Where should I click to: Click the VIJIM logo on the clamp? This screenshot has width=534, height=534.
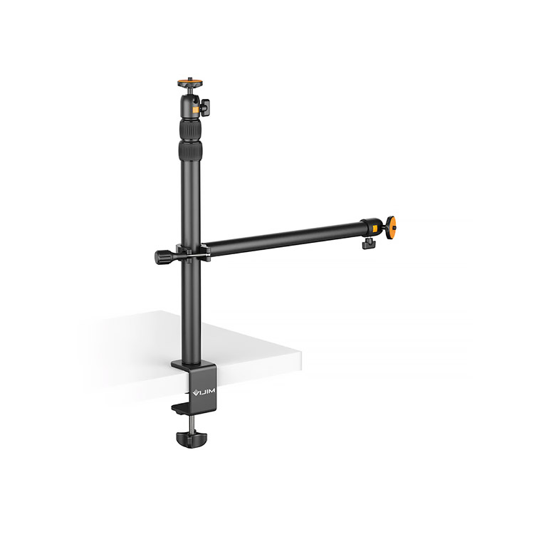(204, 394)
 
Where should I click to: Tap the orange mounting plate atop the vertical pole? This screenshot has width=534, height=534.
(190, 83)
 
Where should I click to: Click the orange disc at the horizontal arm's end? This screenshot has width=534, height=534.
(392, 226)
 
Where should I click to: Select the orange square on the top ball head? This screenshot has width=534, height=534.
(195, 110)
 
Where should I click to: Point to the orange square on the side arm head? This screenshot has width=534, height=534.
(375, 228)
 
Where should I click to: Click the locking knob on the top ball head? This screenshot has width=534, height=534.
(204, 107)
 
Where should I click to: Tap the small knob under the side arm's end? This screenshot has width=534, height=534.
(367, 244)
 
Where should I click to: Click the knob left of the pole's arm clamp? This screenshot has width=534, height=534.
(164, 256)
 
